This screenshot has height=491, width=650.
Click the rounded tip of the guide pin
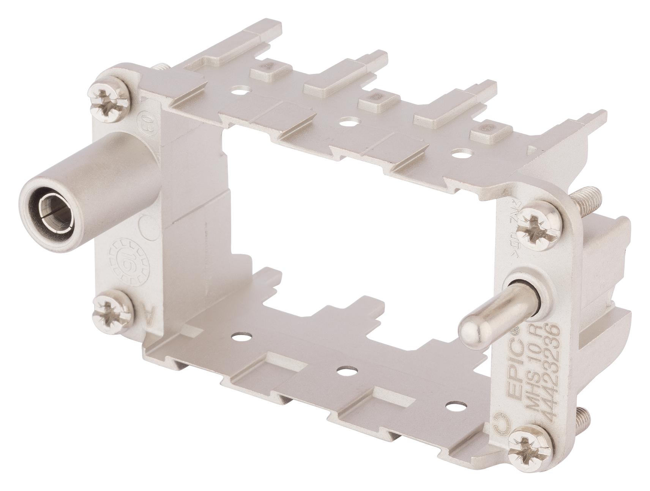pyautogui.click(x=471, y=328)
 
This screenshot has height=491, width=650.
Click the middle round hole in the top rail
pyautogui.click(x=346, y=123)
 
